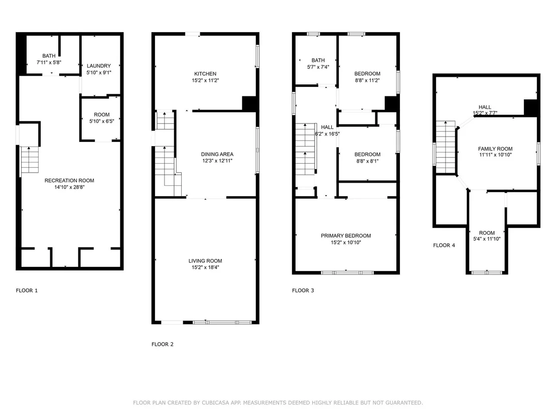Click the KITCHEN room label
point(205,74)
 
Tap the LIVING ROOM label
point(205,261)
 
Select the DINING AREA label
point(217,154)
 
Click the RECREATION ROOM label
point(69,181)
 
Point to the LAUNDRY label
point(98,66)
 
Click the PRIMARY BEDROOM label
point(346,236)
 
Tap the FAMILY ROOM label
point(495,149)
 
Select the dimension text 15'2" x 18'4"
point(205,267)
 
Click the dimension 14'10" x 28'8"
point(69,187)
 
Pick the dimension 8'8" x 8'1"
point(367,161)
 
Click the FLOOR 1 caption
point(27,291)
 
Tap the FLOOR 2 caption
point(163,344)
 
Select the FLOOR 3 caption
point(303,291)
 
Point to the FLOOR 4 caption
point(444,245)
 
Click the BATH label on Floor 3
point(318,60)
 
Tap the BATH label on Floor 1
point(49,56)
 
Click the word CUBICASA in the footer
point(216,403)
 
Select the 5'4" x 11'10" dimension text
point(487,239)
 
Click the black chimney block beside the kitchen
point(249,103)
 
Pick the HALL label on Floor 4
point(485,107)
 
